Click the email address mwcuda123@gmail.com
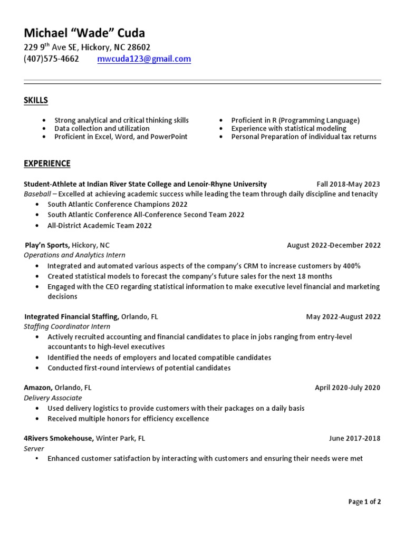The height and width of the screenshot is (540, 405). [x=144, y=59]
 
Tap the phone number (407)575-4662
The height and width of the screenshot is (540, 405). [x=51, y=59]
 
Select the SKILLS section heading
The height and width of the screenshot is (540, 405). [x=36, y=100]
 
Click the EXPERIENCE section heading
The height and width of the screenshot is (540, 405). [x=47, y=163]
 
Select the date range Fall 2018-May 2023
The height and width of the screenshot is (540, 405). [x=348, y=184]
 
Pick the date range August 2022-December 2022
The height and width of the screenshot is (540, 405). [x=333, y=245]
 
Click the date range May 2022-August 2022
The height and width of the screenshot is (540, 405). [x=343, y=317]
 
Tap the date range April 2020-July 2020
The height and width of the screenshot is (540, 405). [x=347, y=388]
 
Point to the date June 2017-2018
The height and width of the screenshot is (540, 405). [x=354, y=438]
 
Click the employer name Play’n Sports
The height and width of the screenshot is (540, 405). [x=47, y=245]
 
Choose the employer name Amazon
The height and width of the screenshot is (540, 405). [x=38, y=388]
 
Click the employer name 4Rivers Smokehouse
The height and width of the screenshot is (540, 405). [x=59, y=438]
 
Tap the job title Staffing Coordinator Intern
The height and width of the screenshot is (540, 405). [x=67, y=326]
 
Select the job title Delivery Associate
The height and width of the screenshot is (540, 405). [x=53, y=398]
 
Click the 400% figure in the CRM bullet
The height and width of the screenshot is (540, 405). [x=350, y=266]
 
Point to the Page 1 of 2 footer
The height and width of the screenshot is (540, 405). [x=364, y=502]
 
